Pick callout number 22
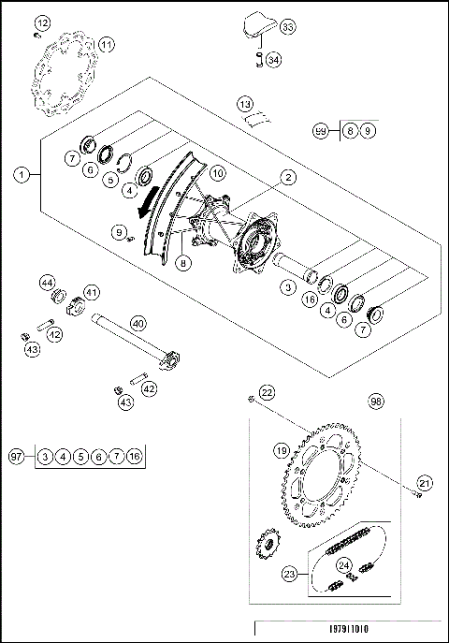(x=267, y=393)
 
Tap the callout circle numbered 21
(x=425, y=483)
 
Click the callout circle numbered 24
(x=343, y=564)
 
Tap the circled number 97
(x=16, y=456)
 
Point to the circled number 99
(x=322, y=130)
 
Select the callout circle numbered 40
(x=138, y=323)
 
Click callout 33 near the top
(x=287, y=29)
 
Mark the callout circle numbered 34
(x=273, y=60)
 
